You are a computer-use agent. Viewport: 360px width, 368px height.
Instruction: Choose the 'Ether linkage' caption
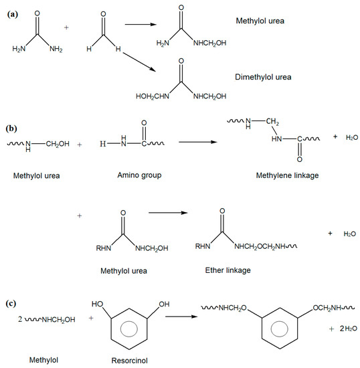point(228,271)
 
